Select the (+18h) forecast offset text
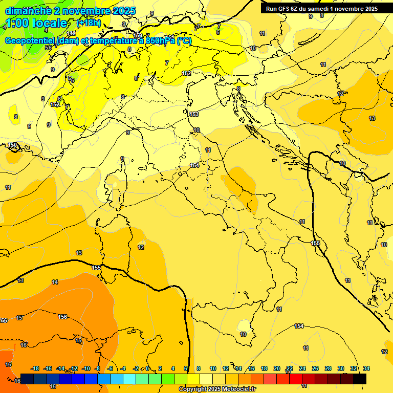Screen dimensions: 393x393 click(89, 23)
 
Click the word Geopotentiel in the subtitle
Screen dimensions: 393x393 click(30, 41)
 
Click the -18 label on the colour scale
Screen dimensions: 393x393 click(35, 368)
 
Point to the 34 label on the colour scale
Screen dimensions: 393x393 click(366, 368)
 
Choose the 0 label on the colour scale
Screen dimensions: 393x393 click(147, 368)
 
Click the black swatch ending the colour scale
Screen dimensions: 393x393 click(360, 379)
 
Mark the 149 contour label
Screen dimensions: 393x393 click(72, 33)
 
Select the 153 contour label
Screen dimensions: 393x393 click(194, 114)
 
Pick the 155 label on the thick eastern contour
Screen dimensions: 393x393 click(316, 243)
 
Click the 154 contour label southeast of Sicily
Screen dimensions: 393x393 click(299, 326)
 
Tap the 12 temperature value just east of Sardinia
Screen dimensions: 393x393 click(141, 247)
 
